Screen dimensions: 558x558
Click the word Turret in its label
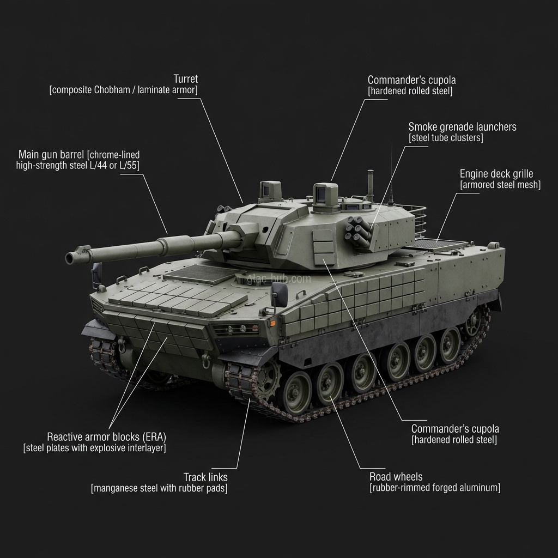click(185, 78)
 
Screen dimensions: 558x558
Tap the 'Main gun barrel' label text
click(51, 154)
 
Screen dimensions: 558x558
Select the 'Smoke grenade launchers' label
click(462, 126)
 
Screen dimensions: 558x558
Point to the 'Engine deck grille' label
click(496, 174)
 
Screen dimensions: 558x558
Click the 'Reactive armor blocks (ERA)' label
click(106, 436)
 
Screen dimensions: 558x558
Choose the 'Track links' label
click(205, 477)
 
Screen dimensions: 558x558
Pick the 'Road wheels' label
click(396, 476)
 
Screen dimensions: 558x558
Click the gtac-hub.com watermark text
click(279, 279)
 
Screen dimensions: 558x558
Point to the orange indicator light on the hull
click(273, 324)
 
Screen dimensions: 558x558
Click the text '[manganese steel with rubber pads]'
click(159, 488)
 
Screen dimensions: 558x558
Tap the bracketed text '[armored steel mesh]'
click(500, 185)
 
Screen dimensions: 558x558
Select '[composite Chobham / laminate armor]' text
click(124, 90)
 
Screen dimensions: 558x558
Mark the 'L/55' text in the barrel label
click(131, 166)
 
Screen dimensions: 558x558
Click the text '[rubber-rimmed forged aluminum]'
click(435, 488)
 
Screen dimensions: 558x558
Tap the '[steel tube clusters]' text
click(446, 138)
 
